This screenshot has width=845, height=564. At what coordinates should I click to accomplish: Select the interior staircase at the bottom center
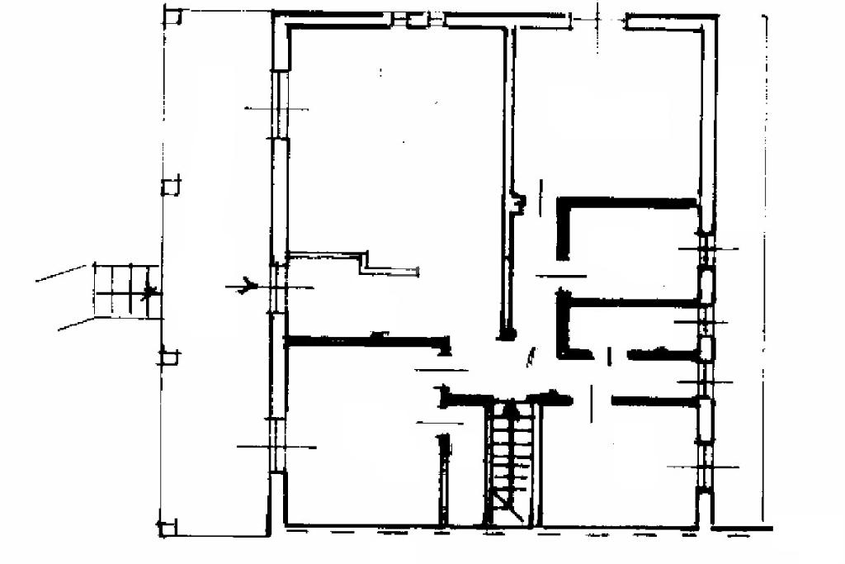(509, 462)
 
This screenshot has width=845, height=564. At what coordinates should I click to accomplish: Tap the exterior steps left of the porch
(125, 291)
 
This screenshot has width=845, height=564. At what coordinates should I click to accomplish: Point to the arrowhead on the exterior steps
(149, 291)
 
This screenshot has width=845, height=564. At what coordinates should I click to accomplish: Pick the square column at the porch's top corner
(172, 16)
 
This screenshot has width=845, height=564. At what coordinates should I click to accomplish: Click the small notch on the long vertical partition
(519, 201)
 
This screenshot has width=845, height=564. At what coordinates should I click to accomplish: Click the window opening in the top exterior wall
(418, 19)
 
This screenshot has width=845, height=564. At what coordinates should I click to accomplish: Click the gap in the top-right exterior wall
(599, 20)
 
